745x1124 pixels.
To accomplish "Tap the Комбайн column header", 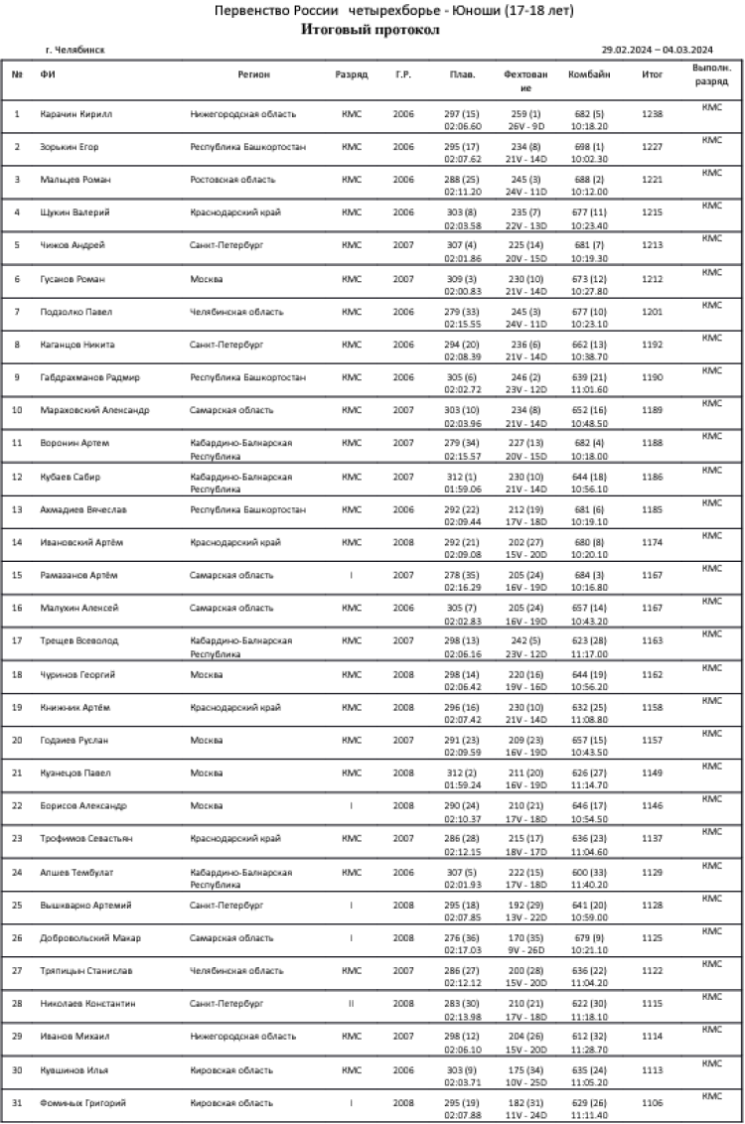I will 582,74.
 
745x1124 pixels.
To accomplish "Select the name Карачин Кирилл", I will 76,114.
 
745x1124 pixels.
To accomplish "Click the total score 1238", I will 653,114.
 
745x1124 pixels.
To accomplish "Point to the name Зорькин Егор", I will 70,147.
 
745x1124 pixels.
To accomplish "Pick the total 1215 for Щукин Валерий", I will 653,212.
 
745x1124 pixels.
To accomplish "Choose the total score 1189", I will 653,410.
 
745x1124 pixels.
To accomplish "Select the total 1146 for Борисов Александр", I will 653,805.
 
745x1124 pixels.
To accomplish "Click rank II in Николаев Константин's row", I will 351,1003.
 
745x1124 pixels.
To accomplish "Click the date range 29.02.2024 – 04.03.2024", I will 658,49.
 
